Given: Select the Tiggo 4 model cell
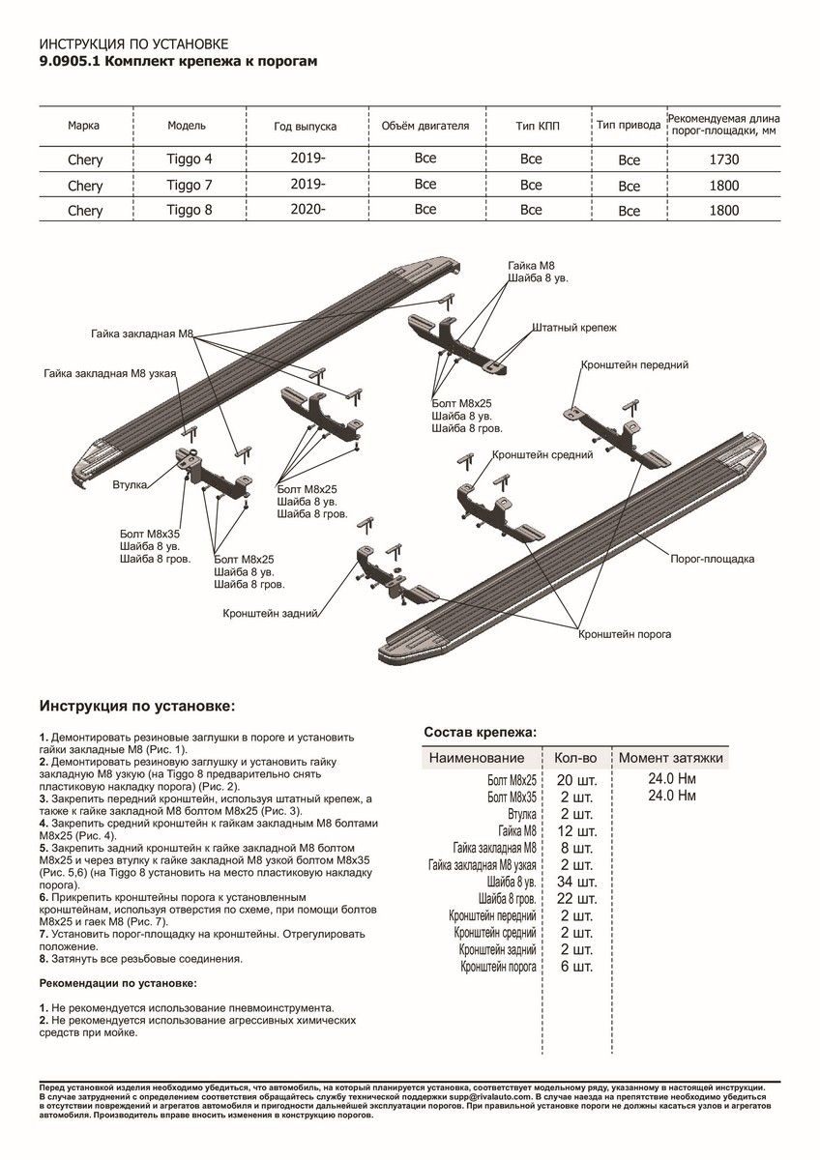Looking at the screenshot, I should point(187,159).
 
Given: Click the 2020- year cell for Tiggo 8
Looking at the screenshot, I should point(307,209).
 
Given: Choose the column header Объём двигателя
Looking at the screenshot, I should point(425,127).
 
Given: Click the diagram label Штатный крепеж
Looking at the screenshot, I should point(573,329).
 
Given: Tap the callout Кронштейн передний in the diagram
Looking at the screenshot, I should point(634,365).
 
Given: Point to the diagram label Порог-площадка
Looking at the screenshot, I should point(713,559).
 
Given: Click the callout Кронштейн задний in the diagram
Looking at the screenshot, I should point(271,613).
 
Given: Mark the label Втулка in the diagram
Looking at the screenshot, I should point(129,484).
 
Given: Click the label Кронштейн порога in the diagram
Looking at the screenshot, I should point(625,634).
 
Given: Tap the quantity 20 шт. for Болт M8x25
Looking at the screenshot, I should point(577,779).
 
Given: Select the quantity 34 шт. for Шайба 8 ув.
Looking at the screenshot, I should point(577,882).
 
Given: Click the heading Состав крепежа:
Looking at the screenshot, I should point(481,732).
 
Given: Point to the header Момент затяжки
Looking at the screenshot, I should point(671,758).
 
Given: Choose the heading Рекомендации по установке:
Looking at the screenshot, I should point(118,982).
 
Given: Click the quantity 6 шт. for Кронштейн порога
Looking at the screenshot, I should point(577,967).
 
